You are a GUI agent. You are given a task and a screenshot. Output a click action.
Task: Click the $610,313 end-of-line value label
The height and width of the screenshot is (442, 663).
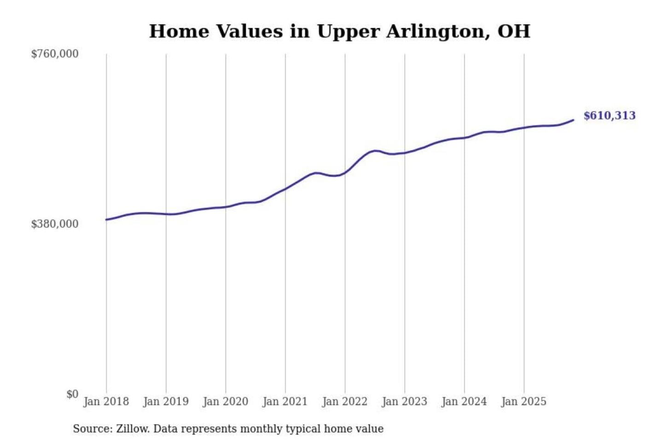click(609, 116)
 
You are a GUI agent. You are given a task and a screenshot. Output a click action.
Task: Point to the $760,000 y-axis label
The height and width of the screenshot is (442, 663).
click(55, 54)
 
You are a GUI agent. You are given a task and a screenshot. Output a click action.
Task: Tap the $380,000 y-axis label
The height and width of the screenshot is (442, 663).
click(55, 224)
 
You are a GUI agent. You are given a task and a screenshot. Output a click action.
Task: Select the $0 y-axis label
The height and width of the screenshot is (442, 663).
click(72, 394)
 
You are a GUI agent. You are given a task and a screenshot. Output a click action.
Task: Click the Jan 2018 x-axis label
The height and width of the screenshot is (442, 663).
click(106, 401)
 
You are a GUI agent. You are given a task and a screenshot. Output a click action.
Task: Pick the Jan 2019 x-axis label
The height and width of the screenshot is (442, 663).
click(166, 401)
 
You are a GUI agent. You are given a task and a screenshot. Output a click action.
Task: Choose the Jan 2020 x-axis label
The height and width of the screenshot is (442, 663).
click(225, 401)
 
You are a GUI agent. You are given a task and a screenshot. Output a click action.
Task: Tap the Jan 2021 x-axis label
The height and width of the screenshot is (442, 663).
click(285, 401)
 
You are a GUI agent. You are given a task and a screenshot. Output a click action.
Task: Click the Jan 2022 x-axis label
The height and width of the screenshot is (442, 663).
click(345, 401)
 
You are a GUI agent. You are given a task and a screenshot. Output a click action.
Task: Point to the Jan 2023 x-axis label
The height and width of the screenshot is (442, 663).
click(404, 401)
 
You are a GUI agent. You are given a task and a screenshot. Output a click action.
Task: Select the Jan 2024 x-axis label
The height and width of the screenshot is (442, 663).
click(464, 401)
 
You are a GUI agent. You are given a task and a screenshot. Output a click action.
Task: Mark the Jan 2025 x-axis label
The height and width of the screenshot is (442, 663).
click(523, 401)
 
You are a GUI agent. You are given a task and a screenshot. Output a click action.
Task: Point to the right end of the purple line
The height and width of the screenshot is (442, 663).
click(573, 120)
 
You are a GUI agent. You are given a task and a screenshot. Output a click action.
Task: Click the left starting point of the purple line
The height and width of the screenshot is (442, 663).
click(106, 220)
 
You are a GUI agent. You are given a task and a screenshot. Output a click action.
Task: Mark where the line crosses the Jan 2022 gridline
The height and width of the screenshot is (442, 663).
click(345, 173)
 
